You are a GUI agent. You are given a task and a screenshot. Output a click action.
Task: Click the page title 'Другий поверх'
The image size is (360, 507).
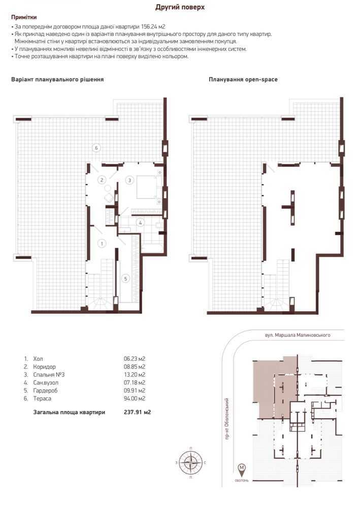180,7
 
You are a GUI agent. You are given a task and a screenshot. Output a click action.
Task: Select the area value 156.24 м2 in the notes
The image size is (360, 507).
152,26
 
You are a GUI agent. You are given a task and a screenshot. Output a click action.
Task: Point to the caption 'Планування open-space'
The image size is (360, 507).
243,80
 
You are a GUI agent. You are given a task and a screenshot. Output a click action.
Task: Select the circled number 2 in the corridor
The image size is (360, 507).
102,180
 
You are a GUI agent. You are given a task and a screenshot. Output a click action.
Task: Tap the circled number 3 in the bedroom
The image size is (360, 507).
129,180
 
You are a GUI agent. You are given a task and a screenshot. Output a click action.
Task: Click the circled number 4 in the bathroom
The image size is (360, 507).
141,222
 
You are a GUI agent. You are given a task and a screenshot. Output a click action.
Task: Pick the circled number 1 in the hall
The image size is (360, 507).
102,244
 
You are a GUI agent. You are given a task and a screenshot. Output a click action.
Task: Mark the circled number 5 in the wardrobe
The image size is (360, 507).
126,278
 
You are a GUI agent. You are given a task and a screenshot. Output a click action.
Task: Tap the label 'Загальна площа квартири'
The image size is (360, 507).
69,413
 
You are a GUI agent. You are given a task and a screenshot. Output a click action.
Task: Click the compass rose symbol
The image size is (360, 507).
190,462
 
